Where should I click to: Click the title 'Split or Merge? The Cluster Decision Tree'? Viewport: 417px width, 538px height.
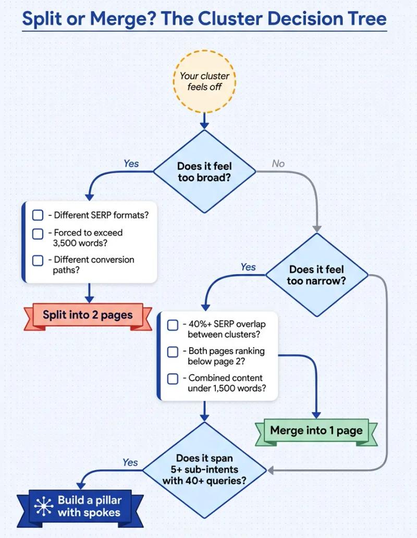coord(204,19)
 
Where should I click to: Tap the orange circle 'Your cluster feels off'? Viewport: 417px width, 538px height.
coord(204,81)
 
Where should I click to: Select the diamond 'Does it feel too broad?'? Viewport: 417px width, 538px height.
coord(204,172)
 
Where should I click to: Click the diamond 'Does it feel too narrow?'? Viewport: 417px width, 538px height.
coord(316,275)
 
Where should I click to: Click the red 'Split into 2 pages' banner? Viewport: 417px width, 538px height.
coord(88,315)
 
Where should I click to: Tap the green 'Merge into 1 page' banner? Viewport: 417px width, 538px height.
coord(316,431)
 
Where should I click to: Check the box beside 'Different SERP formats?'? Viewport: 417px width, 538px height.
coord(38,215)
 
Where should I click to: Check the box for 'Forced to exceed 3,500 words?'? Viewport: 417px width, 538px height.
coord(38,234)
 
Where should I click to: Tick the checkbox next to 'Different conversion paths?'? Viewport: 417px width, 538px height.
coord(38,260)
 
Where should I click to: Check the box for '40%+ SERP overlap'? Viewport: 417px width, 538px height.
coord(173,325)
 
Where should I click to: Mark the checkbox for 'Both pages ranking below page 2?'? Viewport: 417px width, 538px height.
coord(173,352)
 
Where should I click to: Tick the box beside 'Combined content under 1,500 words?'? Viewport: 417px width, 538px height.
coord(173,379)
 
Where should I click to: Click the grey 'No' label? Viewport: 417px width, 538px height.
coord(278,164)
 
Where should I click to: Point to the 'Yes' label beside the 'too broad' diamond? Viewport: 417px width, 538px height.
coord(131,164)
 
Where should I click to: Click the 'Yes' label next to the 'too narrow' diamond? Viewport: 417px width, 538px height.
coord(248,267)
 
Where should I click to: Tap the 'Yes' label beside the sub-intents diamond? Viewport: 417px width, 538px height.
coord(130,462)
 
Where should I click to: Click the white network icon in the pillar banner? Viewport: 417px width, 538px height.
coord(43,506)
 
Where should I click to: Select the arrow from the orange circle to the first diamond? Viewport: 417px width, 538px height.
coord(204,121)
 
